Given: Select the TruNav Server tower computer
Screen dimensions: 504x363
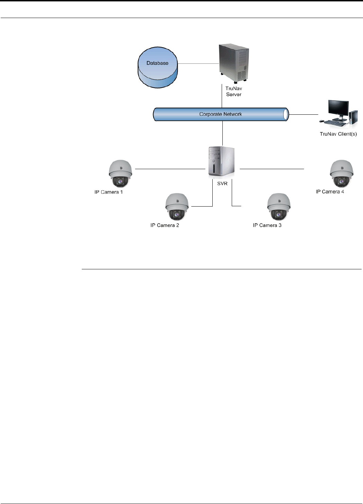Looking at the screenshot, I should coord(234,63).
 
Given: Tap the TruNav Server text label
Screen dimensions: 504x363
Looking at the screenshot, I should coord(234,92).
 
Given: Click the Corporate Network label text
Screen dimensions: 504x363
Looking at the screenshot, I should coord(220,114).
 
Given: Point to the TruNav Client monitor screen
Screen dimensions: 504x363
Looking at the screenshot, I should coord(339,109).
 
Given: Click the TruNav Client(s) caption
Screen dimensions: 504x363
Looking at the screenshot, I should coord(338,134).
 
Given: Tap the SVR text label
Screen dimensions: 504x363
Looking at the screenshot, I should coord(222,183).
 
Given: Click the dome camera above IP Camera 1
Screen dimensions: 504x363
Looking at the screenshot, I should coord(120,174).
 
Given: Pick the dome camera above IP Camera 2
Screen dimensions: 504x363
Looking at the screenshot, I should coord(177,207).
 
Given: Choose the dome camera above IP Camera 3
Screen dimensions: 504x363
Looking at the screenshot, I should coord(279,207).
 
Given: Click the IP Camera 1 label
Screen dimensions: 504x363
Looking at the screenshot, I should coord(109,192).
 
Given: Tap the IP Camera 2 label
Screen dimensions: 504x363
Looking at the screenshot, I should coord(165,225).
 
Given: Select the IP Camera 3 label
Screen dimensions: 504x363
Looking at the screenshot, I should coord(267,225).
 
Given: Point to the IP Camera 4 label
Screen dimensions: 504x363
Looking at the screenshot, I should coord(330,191).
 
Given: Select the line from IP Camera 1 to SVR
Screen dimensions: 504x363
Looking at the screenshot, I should coord(170,169).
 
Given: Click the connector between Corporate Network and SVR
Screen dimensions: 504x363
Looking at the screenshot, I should coord(222,133).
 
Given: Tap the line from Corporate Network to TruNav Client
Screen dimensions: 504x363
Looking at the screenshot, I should coord(303,114).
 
